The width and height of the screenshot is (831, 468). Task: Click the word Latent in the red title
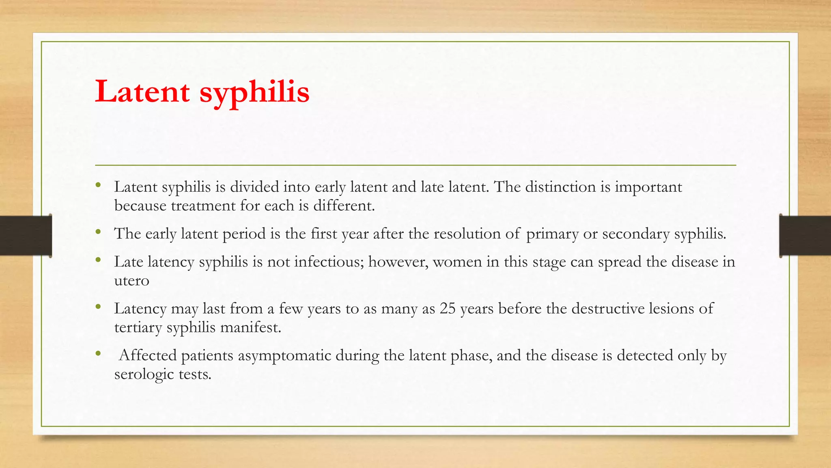tap(142, 91)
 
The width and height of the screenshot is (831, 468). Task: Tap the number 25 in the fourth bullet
tap(448, 309)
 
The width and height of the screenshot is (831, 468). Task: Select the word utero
tap(132, 281)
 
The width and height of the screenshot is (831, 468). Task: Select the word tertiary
tap(138, 327)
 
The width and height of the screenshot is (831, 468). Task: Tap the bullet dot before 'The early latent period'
tap(98, 232)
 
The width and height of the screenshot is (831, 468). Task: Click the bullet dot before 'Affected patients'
tap(98, 354)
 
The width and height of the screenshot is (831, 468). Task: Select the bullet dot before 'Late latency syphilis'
tap(98, 260)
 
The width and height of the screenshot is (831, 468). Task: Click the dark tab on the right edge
tap(805, 236)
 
